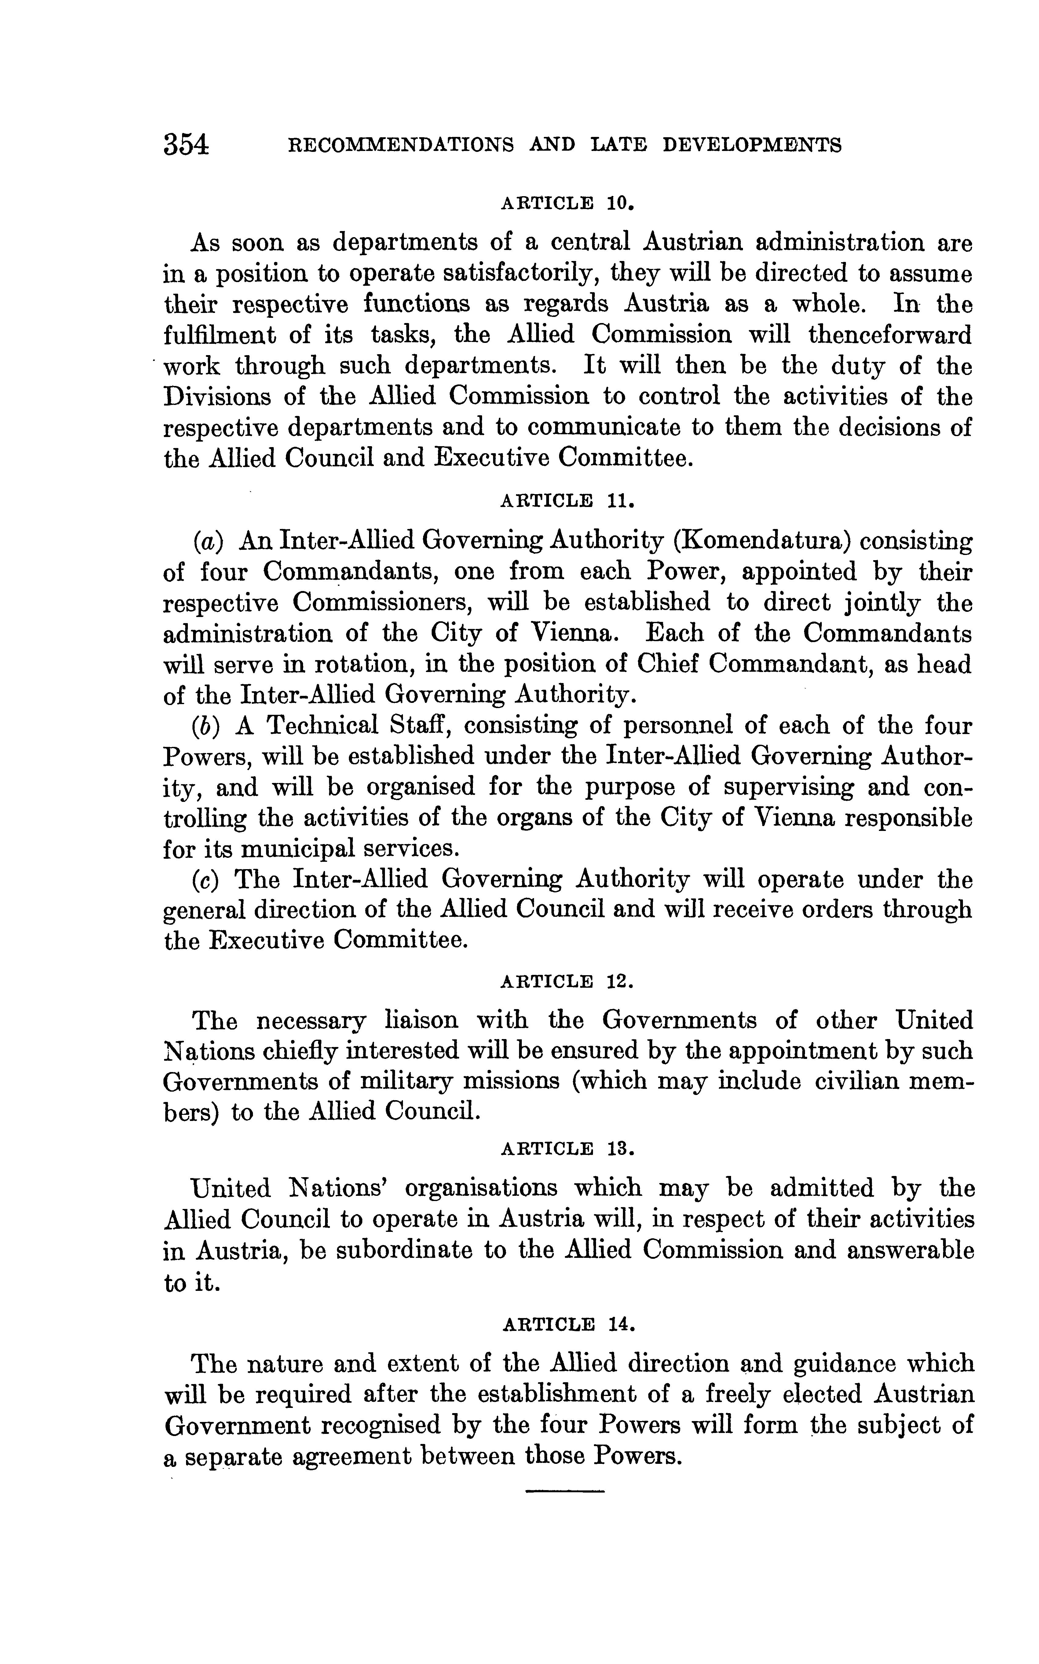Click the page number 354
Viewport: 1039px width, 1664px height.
(185, 145)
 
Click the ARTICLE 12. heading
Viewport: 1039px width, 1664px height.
(567, 981)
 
